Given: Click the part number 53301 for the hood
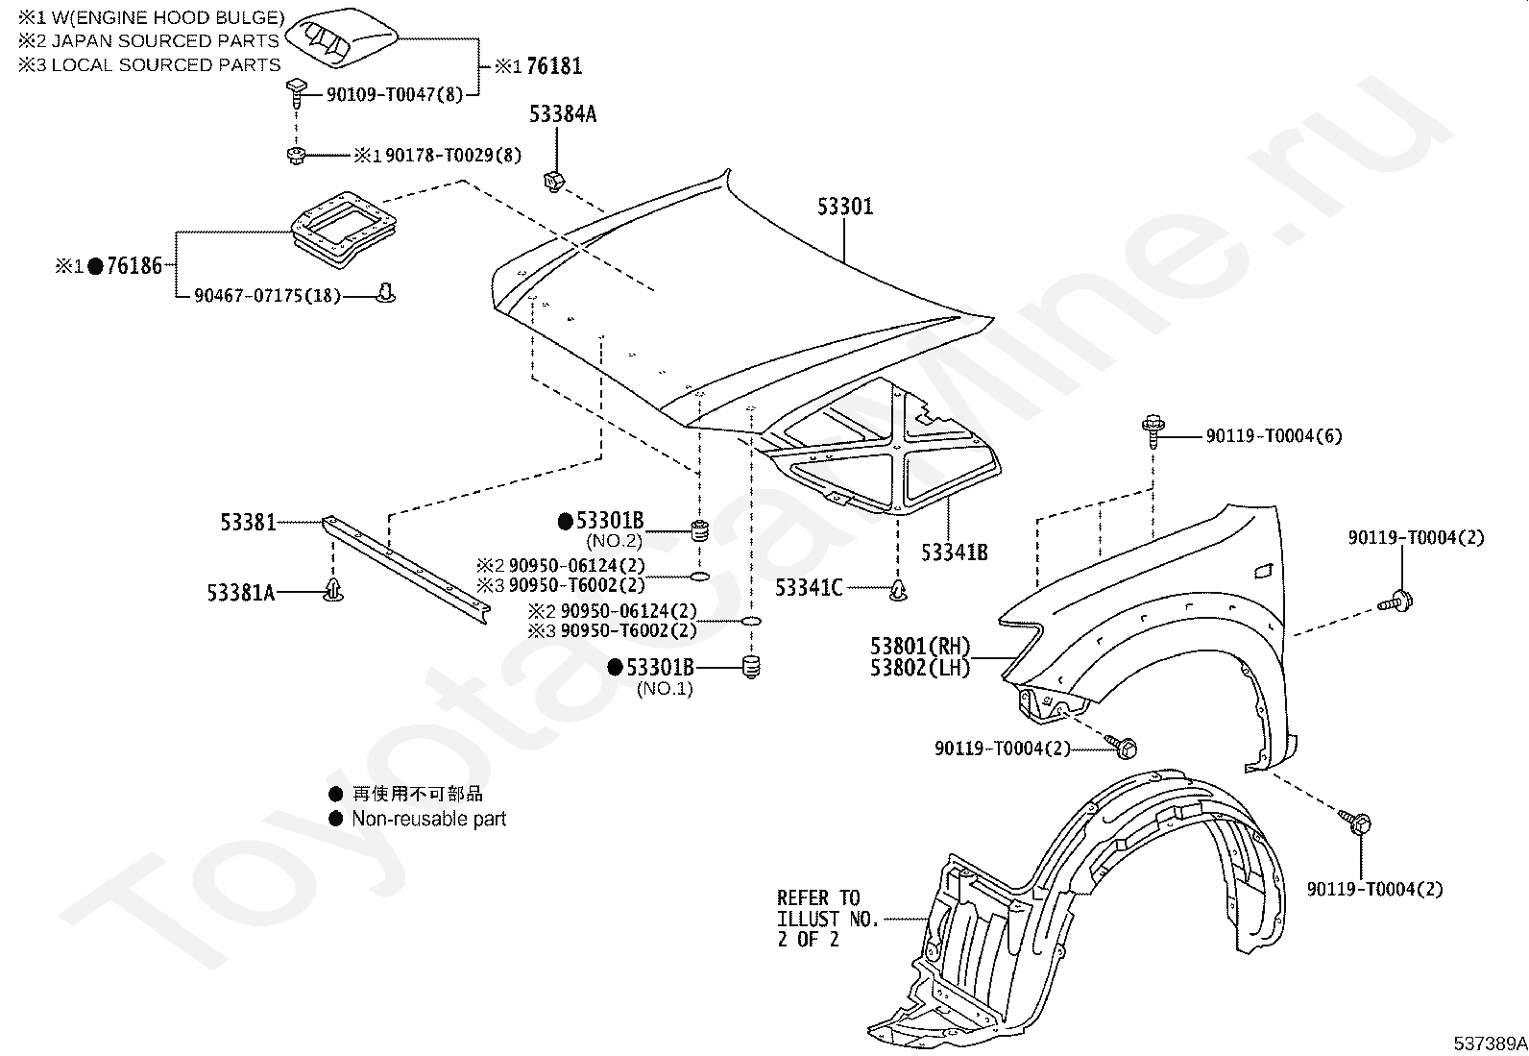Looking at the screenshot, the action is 845,206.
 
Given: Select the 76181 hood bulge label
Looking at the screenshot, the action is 553,66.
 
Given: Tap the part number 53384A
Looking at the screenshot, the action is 563,114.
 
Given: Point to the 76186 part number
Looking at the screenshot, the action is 134,265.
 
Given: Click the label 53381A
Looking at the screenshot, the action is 241,592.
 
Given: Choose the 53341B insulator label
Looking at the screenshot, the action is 955,552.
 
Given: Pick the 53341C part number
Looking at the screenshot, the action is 809,587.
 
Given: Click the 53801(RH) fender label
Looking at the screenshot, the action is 919,646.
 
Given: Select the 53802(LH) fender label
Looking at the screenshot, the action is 919,668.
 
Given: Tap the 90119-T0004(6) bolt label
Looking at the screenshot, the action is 1274,436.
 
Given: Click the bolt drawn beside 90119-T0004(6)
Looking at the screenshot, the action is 1153,431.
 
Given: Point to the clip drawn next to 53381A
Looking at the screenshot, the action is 333,589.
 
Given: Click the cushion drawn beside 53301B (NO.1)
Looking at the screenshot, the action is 751,667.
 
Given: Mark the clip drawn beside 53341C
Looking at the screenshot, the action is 898,589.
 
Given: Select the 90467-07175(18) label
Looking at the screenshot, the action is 267,295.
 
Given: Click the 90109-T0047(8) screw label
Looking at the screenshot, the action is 395,94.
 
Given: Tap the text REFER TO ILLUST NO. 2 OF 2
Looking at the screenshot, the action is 827,918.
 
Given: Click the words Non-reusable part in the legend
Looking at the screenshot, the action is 428,819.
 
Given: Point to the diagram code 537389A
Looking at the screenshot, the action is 1490,1043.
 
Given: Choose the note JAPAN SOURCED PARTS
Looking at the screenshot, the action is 165,41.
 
